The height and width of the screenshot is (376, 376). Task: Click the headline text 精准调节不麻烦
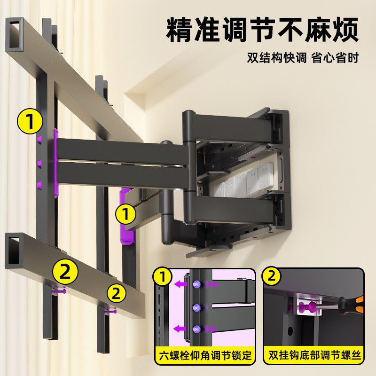(x=262, y=31)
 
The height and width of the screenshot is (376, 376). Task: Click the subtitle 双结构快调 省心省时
(x=303, y=58)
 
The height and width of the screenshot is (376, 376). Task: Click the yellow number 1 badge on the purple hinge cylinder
(x=125, y=214)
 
